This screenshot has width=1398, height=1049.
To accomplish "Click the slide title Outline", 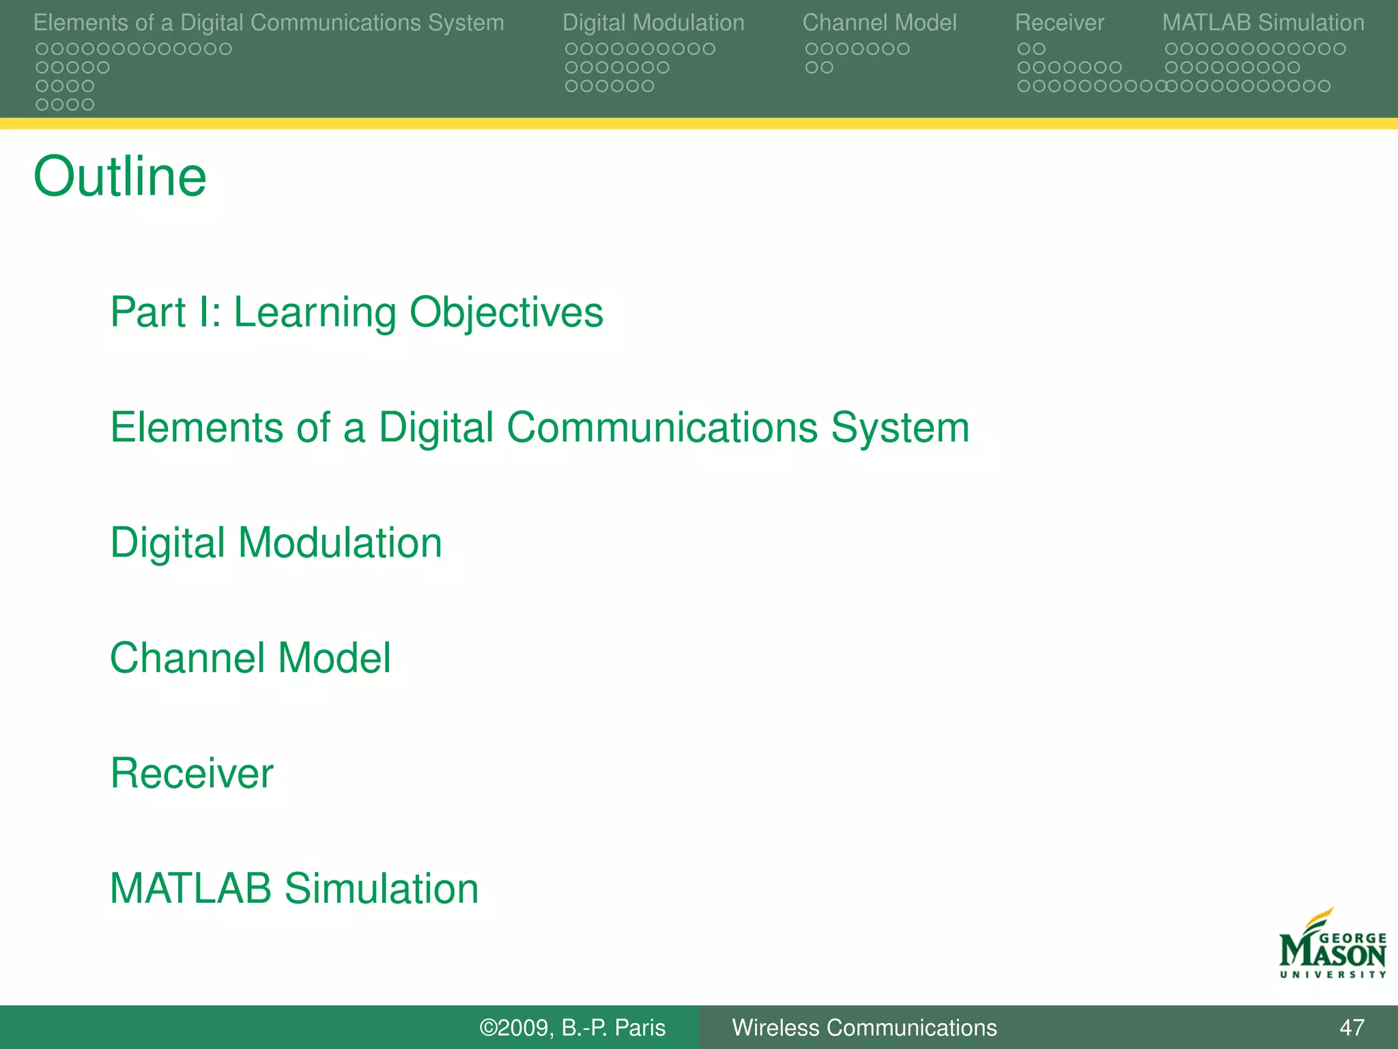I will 120,177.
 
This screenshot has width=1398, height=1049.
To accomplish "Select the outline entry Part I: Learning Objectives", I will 356,313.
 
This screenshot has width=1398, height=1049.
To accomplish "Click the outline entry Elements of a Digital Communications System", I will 539,428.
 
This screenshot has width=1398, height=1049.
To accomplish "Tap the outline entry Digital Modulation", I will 276,543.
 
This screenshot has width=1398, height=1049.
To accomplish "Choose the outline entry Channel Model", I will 251,658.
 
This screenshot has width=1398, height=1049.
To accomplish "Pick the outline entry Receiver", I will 192,774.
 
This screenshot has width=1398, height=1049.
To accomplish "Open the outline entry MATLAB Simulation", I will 294,889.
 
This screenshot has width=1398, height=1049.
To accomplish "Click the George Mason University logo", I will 1332,946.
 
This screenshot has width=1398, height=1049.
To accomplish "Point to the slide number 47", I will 1352,1027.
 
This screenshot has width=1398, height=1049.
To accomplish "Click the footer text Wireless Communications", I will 864,1027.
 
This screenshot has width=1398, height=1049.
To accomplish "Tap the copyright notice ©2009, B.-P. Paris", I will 572,1027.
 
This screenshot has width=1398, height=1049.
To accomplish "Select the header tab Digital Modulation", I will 653,23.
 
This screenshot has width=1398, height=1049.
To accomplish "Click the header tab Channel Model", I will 879,23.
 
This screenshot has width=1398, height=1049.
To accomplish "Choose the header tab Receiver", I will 1059,23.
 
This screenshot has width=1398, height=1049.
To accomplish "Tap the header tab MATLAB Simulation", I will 1263,23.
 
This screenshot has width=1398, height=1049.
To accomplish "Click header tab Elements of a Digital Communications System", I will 268,23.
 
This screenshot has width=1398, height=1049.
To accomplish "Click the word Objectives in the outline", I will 506,313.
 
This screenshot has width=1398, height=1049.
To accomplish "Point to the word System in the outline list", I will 900,428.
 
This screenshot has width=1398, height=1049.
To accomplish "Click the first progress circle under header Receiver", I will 1023,49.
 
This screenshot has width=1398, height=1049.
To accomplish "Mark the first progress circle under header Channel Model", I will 811,49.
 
